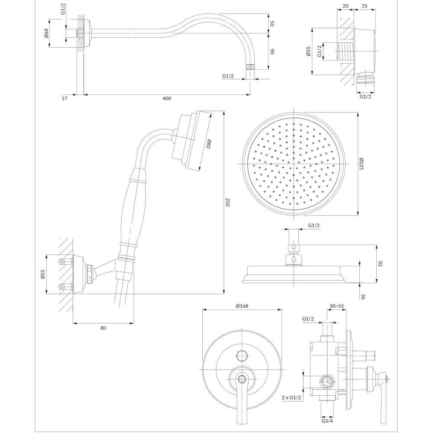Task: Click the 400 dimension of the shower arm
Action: click(167, 98)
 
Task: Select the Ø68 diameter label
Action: click(46, 33)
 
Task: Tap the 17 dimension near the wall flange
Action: click(65, 98)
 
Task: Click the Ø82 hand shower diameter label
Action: click(208, 144)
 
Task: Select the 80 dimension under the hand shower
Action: click(103, 328)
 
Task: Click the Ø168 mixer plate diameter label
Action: click(242, 306)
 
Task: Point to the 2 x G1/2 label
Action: click(291, 397)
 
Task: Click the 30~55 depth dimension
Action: click(337, 306)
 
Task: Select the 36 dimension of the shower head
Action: click(363, 297)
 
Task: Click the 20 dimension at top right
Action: click(345, 6)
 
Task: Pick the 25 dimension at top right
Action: click(365, 6)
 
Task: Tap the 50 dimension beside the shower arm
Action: click(272, 23)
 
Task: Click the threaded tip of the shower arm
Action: click(250, 67)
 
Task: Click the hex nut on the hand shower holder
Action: click(90, 274)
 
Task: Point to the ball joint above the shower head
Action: click(294, 259)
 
